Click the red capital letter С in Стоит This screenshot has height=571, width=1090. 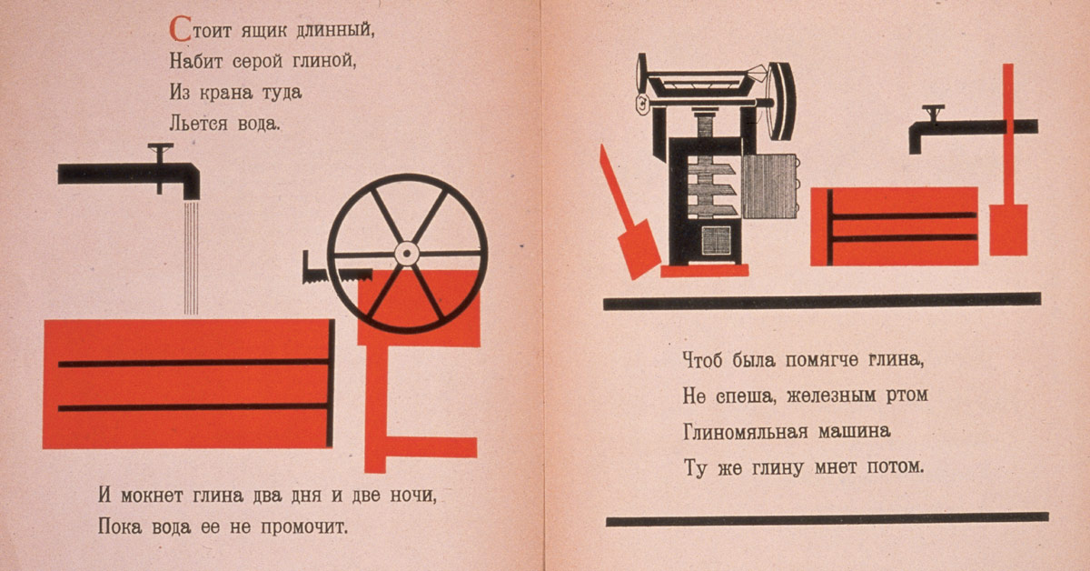pos(179,29)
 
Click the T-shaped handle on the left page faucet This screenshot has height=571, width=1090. pos(162,150)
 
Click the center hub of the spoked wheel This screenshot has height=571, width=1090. pos(407,253)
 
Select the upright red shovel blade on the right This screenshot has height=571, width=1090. pos(1008,229)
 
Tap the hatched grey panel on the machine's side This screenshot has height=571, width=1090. pos(769,186)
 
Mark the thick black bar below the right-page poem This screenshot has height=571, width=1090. pos(827,519)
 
